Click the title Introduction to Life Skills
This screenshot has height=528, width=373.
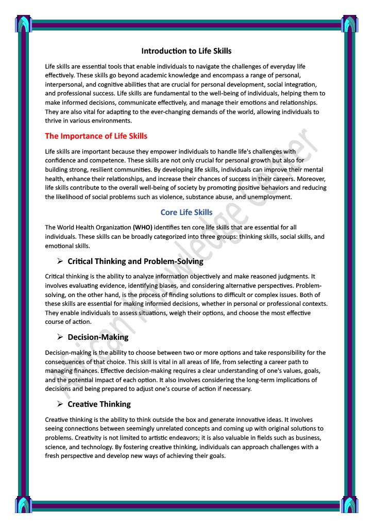pos(186,51)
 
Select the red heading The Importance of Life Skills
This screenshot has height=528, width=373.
pos(96,136)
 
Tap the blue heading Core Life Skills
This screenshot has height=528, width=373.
pos(186,212)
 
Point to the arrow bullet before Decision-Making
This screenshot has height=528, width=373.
pos(60,337)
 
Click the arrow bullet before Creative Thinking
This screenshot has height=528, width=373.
pos(60,404)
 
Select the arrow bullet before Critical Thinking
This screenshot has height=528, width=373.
pos(60,261)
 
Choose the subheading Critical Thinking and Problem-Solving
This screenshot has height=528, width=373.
pos(135,261)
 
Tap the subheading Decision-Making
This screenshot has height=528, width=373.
pos(98,337)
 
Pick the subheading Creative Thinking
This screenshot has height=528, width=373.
pos(99,404)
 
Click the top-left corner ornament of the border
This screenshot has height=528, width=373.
pos(24,24)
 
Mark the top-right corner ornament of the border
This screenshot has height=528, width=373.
pos(349,24)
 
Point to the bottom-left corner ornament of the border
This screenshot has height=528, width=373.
pos(24,504)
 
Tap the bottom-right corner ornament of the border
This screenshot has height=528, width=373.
pos(349,504)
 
